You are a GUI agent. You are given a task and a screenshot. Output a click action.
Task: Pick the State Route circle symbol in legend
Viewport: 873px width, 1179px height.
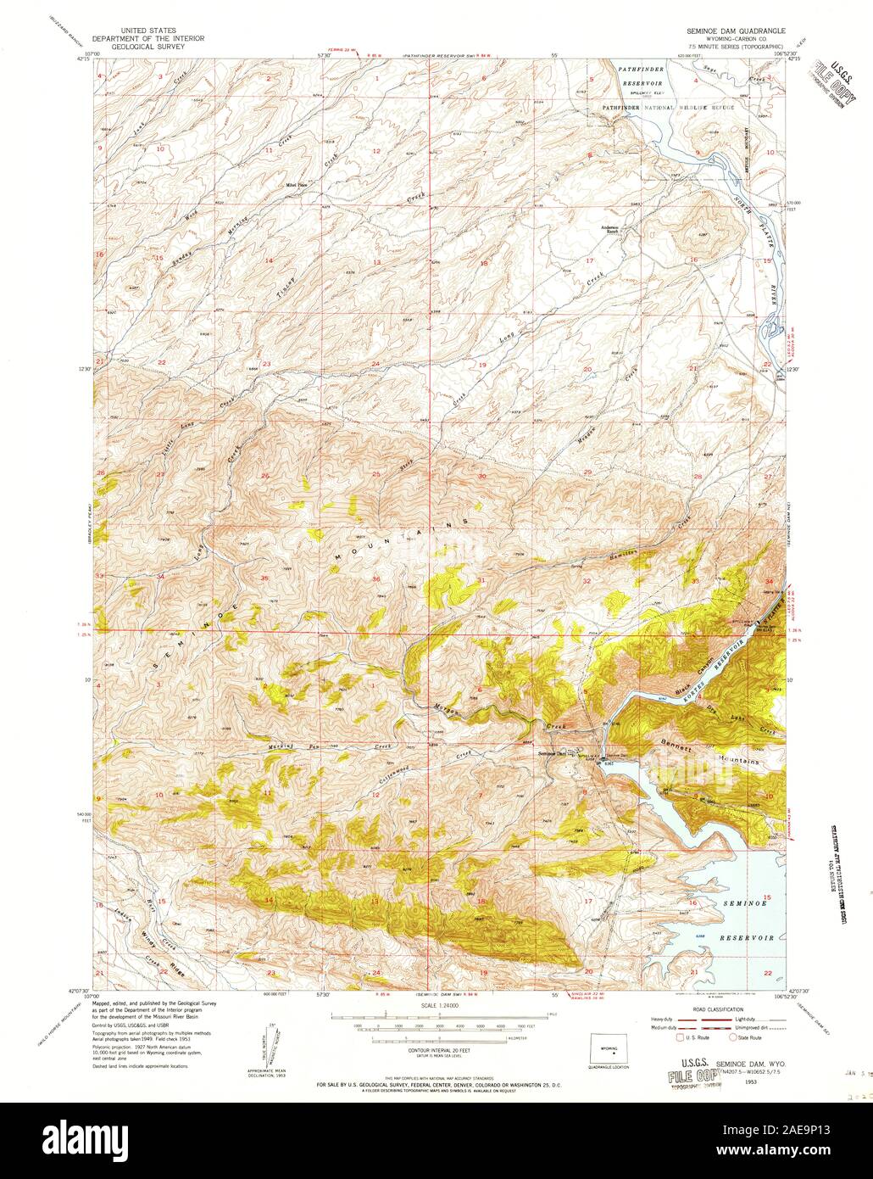pyautogui.click(x=733, y=1037)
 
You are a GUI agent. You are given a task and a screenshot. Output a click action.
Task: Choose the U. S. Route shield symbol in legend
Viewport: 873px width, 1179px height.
pyautogui.click(x=679, y=1037)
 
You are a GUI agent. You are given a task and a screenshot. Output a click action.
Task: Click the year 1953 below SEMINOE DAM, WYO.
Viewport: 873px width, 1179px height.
pyautogui.click(x=747, y=1082)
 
